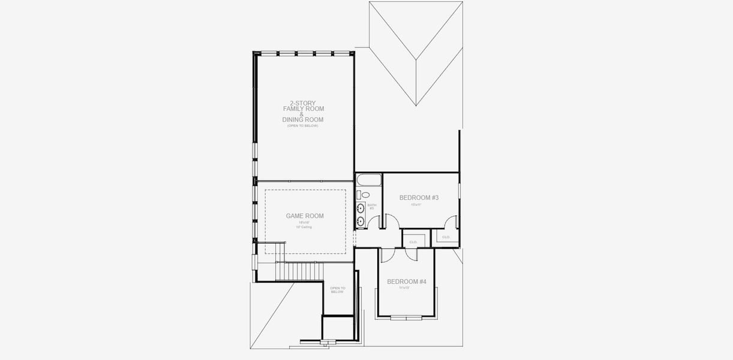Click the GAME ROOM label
pos(305,216)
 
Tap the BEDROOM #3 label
pos(419,198)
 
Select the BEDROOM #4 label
pos(406,282)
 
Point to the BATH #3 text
pos(371,206)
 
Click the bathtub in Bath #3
pos(367,180)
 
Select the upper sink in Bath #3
pos(361,208)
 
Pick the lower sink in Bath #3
pos(361,221)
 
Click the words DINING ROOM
pos(303,120)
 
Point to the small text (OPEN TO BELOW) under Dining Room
pos(303,125)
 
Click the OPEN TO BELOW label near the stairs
pos(337,290)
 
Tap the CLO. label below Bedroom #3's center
pos(413,242)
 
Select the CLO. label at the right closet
pos(446,237)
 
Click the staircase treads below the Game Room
pos(300,272)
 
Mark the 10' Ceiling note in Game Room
pos(304,227)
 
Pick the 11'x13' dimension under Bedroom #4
pos(404,288)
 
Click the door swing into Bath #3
pos(374,222)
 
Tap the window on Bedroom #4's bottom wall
pos(407,317)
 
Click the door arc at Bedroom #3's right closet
pos(451,222)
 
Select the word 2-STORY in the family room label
pos(303,103)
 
